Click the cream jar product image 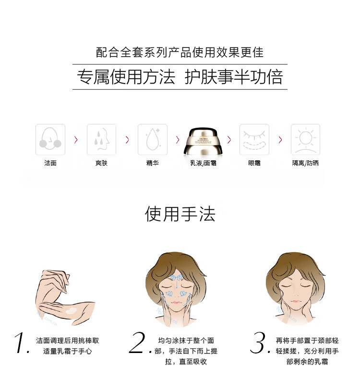point(203,142)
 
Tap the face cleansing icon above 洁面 point(50,140)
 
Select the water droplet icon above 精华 point(153,140)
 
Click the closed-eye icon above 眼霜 point(254,140)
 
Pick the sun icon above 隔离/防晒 point(305,140)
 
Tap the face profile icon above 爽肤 point(101,140)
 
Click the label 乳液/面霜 point(203,163)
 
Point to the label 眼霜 point(254,163)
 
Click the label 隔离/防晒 point(305,163)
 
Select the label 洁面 point(50,163)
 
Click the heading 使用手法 point(180,214)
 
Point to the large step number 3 point(259,342)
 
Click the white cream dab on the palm point(72,311)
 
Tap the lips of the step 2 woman point(176,303)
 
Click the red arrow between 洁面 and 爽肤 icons point(76,140)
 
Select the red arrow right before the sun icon point(280,140)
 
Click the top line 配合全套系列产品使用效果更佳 point(180,52)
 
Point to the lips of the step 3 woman point(295,302)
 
